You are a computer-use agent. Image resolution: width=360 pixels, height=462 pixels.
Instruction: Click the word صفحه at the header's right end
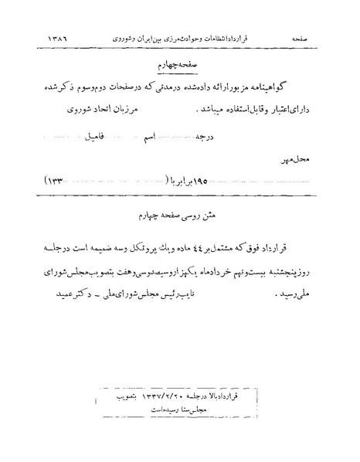click(x=299, y=36)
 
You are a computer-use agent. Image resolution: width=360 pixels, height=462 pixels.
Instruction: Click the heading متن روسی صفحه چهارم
click(x=180, y=212)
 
